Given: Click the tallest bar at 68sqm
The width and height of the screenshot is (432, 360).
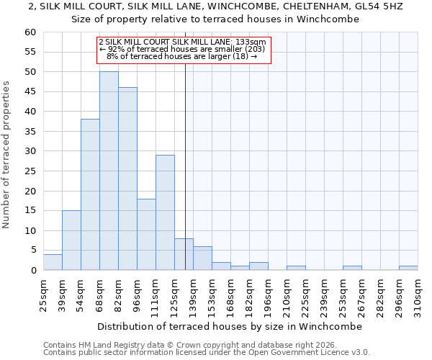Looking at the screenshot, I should click(x=109, y=171).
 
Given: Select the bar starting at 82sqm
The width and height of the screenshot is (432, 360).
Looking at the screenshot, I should click(x=127, y=179).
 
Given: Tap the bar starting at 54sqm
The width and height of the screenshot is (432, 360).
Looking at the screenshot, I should click(x=90, y=194).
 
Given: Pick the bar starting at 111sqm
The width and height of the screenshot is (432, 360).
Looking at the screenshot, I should click(x=165, y=212).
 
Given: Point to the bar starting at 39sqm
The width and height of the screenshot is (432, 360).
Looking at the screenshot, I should click(x=71, y=240).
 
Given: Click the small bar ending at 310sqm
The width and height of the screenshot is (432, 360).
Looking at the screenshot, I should click(x=408, y=268).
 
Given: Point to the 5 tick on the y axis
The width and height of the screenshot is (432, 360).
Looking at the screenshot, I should click(x=32, y=251).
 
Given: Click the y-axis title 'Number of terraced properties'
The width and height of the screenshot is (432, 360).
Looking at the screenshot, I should click(x=7, y=154).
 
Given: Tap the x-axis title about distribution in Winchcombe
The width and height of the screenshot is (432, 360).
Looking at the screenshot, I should click(x=229, y=326).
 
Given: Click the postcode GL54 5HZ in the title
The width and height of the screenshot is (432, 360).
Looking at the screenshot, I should click(x=378, y=6).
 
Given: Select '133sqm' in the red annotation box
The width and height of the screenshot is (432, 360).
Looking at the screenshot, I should click(x=252, y=42).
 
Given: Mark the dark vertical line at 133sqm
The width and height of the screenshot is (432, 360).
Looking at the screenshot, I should click(x=185, y=180).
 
